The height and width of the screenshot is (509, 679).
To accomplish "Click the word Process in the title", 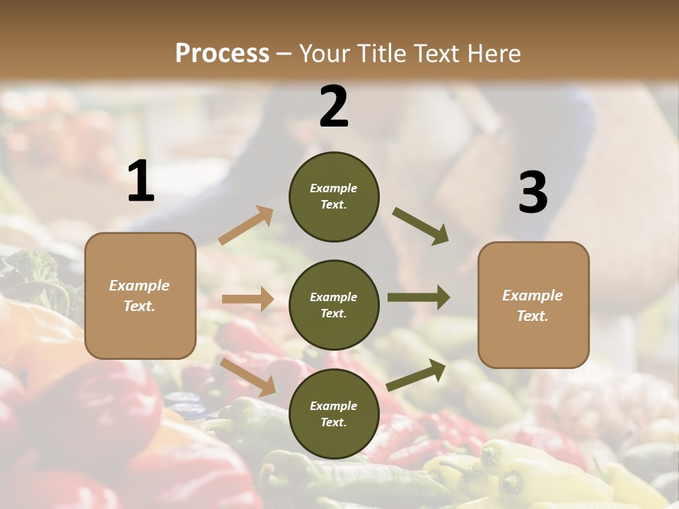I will [222, 53].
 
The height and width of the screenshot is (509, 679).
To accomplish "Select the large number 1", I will [141, 182].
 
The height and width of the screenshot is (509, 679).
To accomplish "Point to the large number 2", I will [334, 107].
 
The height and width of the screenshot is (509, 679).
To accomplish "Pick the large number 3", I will [533, 193].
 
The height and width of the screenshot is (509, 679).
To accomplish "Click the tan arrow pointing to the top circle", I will [246, 226].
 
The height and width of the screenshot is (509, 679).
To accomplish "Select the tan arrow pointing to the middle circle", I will [248, 299].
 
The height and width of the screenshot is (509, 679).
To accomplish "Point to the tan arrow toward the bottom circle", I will [248, 376].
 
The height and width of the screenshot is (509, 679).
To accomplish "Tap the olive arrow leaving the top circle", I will [421, 226].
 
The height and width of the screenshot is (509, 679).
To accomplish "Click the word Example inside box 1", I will [139, 286].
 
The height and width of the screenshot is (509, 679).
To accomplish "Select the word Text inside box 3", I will [532, 316].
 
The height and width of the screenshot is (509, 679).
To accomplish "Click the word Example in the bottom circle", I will [333, 406].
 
